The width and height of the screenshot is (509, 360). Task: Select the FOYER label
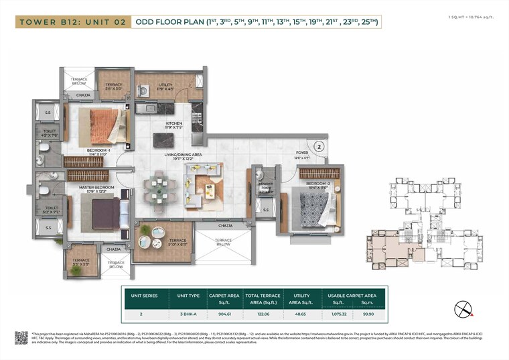(301, 154)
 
